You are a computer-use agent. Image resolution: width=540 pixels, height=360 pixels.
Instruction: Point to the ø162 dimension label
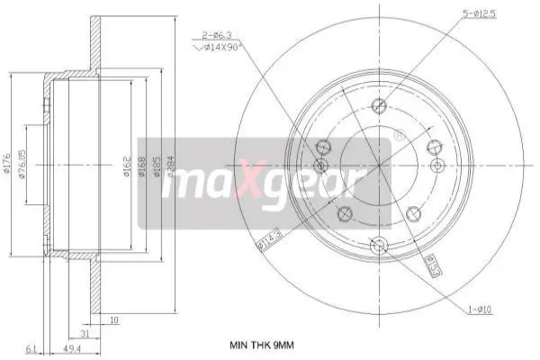click(x=128, y=168)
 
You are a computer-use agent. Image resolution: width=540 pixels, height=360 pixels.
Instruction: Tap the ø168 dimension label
click(x=142, y=168)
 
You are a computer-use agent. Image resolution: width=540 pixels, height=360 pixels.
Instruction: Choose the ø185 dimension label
click(x=156, y=168)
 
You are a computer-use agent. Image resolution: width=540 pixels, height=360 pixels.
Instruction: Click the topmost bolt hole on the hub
click(x=378, y=103)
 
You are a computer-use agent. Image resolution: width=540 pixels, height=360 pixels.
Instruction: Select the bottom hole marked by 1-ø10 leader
click(x=378, y=242)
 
